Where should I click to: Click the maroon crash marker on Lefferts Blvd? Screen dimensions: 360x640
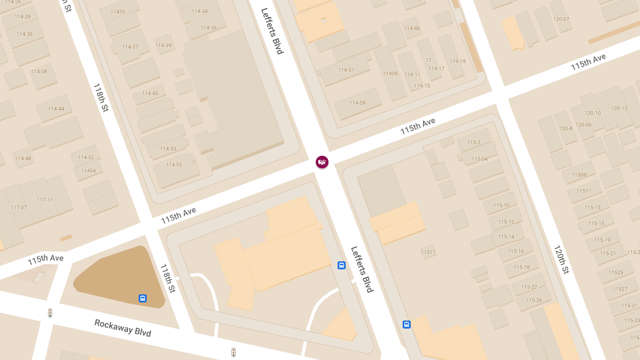coord(322,162)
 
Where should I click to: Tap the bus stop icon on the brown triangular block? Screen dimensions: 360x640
coord(142,298)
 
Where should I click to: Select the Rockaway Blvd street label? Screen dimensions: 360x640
coord(123,328)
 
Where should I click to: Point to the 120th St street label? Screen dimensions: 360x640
coord(561,260)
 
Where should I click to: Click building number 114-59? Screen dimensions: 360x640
coord(357,103)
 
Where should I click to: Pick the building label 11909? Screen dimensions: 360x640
coord(390,74)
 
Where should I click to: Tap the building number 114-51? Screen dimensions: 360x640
coord(346,70)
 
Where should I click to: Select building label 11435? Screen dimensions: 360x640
coord(117,12)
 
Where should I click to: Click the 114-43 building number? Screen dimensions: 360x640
coord(149,93)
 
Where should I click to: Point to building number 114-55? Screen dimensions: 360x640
coord(173,165)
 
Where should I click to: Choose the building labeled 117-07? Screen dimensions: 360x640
coord(19,207)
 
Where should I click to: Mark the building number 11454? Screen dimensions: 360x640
coord(89,171)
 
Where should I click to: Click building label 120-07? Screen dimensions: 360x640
coord(561,19)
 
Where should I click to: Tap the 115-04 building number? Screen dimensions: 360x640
coord(479,159)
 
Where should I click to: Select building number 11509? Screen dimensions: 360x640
coord(579,175)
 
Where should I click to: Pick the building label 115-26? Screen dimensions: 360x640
coord(533,300)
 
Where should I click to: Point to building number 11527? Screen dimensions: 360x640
coord(620,289)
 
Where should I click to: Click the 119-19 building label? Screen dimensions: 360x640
coord(458,61)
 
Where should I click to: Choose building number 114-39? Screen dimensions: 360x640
coord(163,45)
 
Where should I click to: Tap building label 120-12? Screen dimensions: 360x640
coord(619,108)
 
